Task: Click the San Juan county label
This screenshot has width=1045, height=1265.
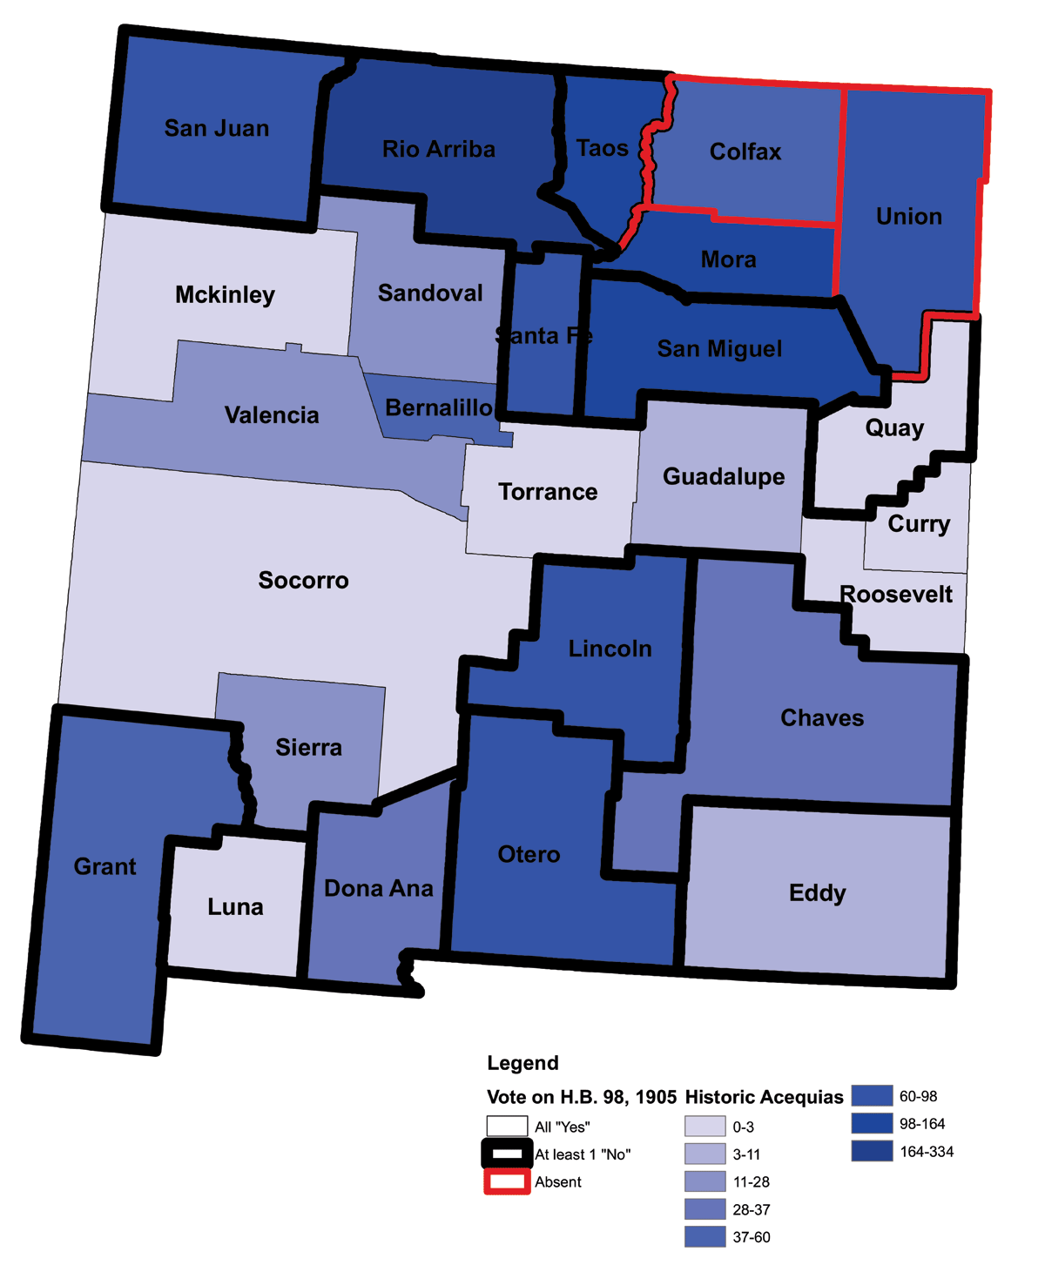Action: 217,129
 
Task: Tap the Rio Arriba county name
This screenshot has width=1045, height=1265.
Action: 439,149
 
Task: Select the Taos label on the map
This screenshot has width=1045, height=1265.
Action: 603,148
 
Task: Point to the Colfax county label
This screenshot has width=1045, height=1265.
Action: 745,151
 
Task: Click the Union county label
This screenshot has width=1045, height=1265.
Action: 909,216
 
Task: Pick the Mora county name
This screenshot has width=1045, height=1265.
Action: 728,259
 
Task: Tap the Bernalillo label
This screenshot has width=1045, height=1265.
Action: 439,407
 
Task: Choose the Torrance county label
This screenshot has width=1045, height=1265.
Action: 548,492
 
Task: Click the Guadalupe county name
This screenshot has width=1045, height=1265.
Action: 724,477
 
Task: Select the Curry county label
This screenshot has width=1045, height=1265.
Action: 919,523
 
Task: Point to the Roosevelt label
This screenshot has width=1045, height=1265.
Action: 896,595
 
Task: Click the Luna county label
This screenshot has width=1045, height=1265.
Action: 235,907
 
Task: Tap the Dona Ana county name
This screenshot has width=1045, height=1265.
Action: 379,888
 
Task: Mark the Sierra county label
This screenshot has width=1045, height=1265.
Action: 308,747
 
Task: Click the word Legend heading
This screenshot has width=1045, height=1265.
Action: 522,1063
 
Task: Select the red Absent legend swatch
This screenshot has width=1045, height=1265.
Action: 507,1181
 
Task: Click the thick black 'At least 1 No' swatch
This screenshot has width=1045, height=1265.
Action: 507,1154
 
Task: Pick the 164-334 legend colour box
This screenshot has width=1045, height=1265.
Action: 872,1151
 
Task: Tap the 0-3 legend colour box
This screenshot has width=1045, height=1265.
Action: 705,1127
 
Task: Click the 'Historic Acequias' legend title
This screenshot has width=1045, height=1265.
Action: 764,1097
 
